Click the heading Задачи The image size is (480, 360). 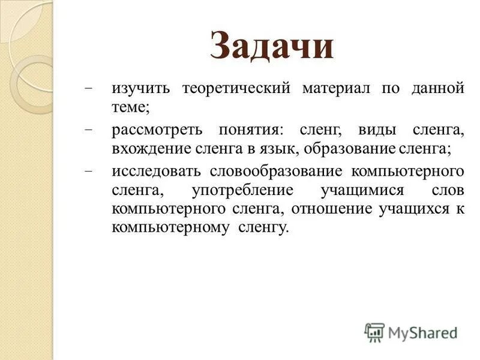click(x=272, y=46)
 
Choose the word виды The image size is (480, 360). click(x=376, y=130)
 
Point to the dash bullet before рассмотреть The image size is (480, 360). click(x=89, y=130)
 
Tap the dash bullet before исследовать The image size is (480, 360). click(x=89, y=171)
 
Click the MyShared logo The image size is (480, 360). click(x=411, y=332)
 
